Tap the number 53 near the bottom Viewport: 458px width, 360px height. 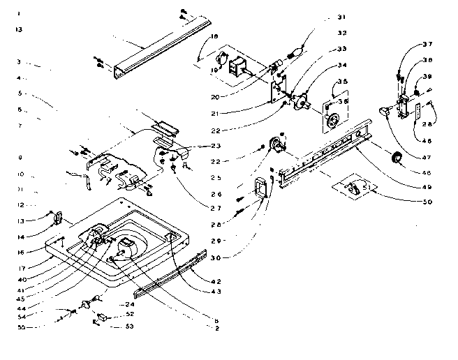click(130, 326)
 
